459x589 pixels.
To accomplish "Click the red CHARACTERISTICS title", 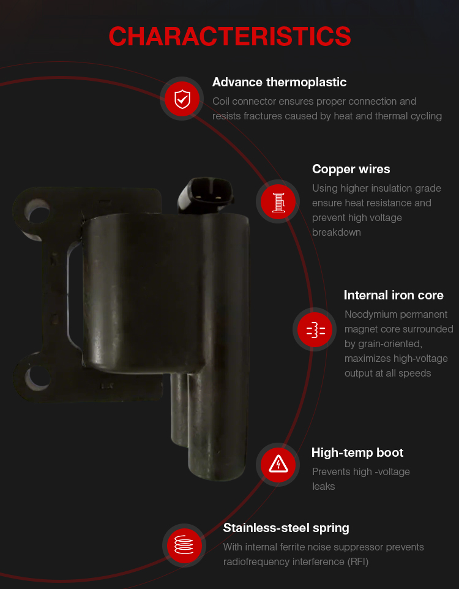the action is pyautogui.click(x=229, y=37).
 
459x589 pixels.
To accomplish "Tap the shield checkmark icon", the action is pyautogui.click(x=182, y=99).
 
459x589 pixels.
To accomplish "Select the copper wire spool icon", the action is pyautogui.click(x=278, y=202).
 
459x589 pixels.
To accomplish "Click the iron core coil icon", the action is pyautogui.click(x=316, y=330).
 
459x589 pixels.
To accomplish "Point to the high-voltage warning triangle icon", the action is pyautogui.click(x=278, y=464).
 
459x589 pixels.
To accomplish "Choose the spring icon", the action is pyautogui.click(x=184, y=545).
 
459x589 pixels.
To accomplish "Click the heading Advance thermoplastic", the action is pyautogui.click(x=279, y=82).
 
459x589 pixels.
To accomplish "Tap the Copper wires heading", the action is pyautogui.click(x=351, y=169).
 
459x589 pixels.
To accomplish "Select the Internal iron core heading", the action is pyautogui.click(x=394, y=295).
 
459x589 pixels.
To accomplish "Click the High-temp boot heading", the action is pyautogui.click(x=357, y=452).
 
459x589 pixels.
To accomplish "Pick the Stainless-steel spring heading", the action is pyautogui.click(x=286, y=528).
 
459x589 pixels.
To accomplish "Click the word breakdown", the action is pyautogui.click(x=336, y=233).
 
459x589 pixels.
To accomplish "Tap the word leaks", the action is pyautogui.click(x=323, y=487).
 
